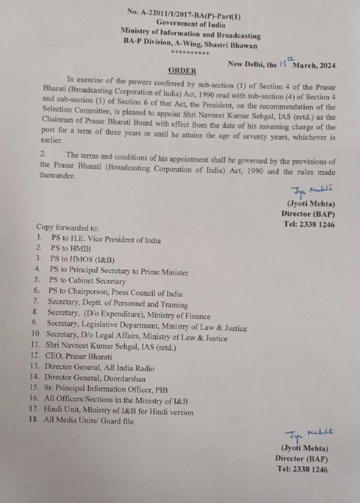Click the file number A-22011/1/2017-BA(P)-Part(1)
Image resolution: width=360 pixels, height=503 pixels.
[184, 15]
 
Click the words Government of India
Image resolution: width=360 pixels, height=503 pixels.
[191, 24]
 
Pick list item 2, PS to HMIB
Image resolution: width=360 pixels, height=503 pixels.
[70, 249]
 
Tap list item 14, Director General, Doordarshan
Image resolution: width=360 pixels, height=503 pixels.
[95, 378]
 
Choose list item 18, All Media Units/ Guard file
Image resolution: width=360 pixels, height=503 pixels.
[89, 421]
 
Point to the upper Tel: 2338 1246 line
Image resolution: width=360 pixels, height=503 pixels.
[309, 225]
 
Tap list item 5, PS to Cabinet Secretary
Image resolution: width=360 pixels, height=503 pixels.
[87, 281]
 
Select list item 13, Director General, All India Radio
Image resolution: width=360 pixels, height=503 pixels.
[99, 368]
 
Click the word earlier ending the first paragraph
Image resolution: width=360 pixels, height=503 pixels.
[51, 140]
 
